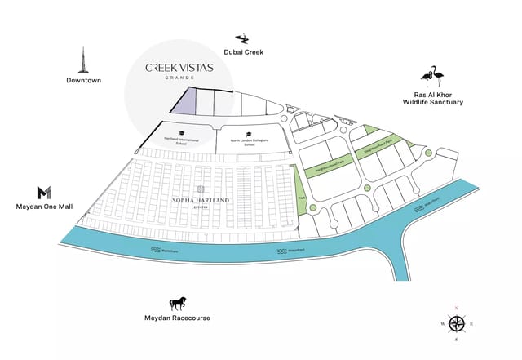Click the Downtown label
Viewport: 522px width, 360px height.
point(83,80)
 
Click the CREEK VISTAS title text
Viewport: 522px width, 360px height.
point(179,68)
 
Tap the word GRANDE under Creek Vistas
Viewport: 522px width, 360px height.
point(179,78)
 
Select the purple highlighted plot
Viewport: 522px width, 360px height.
point(184,103)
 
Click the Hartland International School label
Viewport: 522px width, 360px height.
point(182,140)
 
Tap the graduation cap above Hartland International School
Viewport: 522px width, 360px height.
point(182,132)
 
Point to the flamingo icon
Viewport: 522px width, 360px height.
point(433,77)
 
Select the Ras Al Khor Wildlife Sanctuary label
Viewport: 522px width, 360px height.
point(433,98)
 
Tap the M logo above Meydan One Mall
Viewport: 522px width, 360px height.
point(44,192)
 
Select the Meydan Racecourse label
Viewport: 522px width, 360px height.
point(179,318)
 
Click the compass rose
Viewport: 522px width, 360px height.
point(457,323)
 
